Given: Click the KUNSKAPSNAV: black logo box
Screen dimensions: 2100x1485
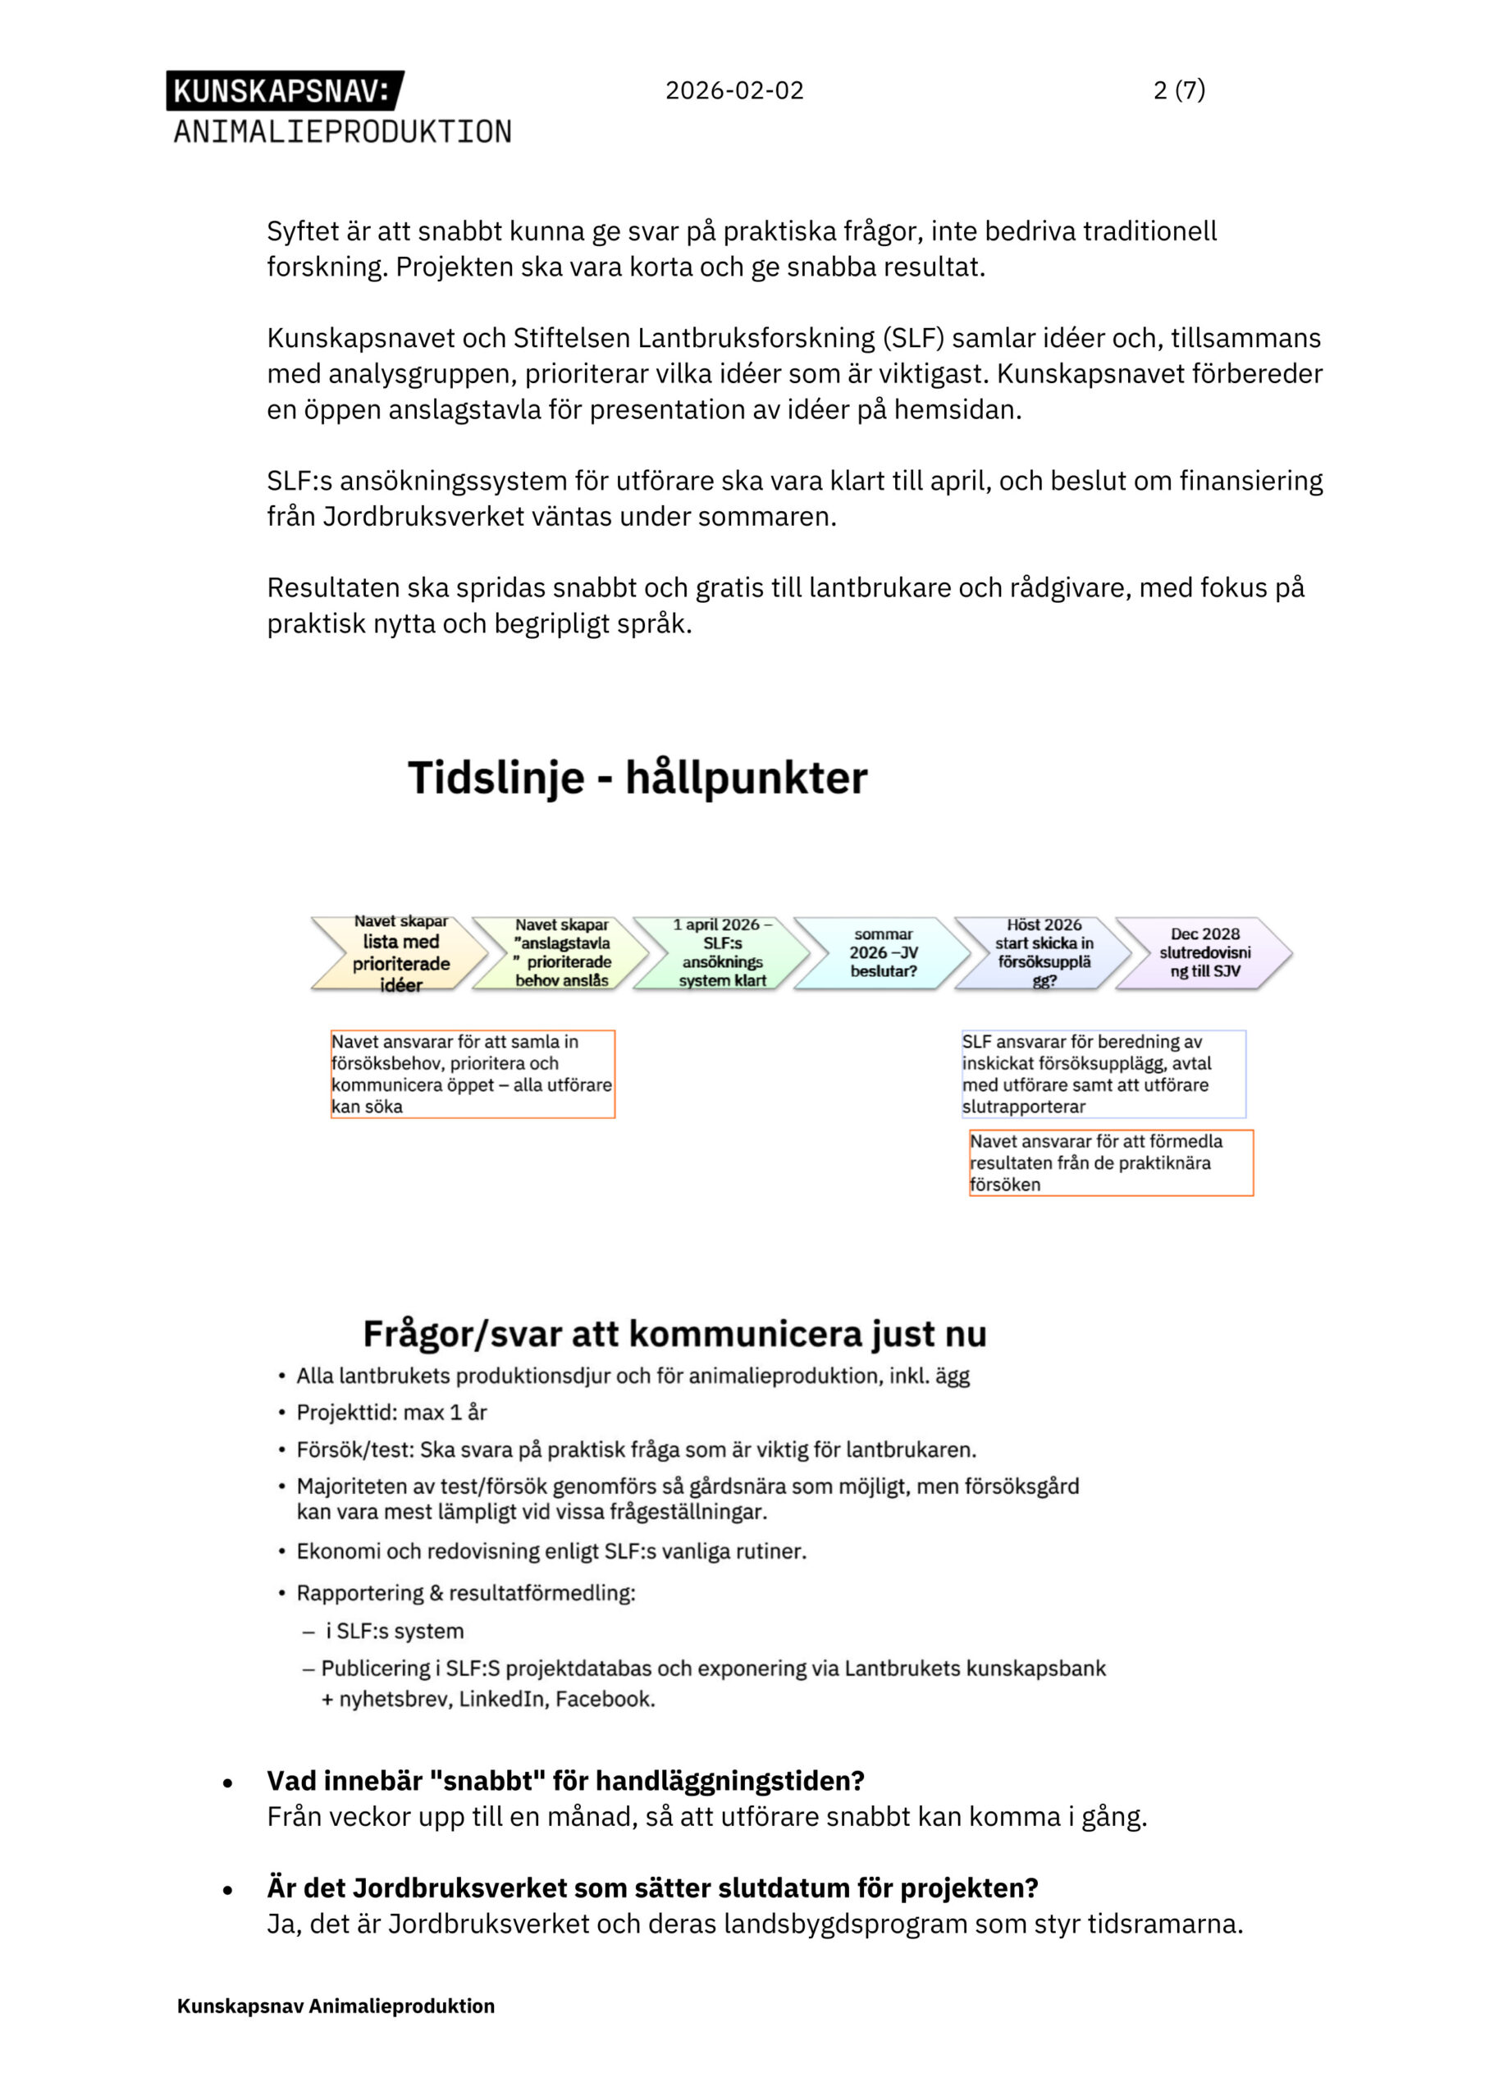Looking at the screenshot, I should pyautogui.click(x=284, y=90).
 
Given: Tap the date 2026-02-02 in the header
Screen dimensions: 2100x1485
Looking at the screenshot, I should pyautogui.click(x=733, y=90).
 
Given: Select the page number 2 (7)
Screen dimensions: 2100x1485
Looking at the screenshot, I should pyautogui.click(x=1178, y=89).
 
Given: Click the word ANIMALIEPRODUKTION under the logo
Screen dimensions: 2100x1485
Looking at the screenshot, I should pyautogui.click(x=342, y=132).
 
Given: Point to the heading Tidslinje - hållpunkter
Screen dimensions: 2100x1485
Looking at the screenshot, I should pyautogui.click(x=637, y=778).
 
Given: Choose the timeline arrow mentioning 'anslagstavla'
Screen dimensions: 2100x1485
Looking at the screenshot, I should pyautogui.click(x=561, y=953).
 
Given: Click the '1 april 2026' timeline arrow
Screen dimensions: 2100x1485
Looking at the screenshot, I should pyautogui.click(x=722, y=953).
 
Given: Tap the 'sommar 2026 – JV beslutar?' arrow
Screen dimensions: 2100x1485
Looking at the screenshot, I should pyautogui.click(x=883, y=953).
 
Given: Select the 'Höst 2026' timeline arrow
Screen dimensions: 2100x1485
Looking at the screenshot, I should pyautogui.click(x=1044, y=953).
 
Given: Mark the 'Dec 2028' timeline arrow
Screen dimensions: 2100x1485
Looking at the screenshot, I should pyautogui.click(x=1204, y=953).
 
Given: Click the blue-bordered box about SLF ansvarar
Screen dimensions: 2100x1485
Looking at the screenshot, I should pyautogui.click(x=1103, y=1074).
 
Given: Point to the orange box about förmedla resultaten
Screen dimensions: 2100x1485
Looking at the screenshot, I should pyautogui.click(x=1111, y=1162).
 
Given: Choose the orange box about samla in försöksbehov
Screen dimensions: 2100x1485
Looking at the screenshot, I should pyautogui.click(x=472, y=1074).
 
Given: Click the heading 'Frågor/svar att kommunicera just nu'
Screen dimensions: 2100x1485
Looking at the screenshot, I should pyautogui.click(x=674, y=1335).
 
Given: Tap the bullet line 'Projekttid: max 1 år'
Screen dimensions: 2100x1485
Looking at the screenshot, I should pyautogui.click(x=391, y=1413).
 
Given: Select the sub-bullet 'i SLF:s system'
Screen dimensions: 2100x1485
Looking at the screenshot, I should pyautogui.click(x=395, y=1631).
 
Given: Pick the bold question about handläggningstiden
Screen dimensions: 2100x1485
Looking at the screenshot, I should pyautogui.click(x=565, y=1781).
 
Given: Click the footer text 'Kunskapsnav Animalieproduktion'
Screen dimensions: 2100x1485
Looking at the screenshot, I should pyautogui.click(x=336, y=2006).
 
